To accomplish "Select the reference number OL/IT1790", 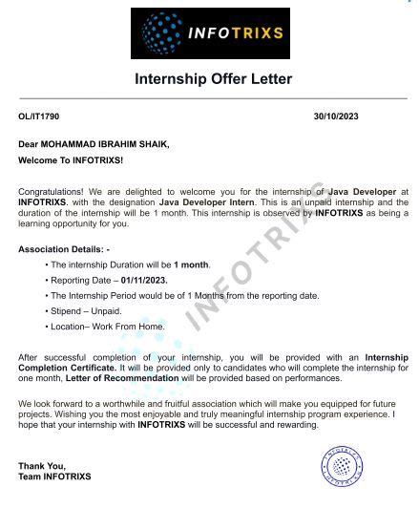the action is (x=38, y=116).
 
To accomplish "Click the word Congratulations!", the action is (x=50, y=192).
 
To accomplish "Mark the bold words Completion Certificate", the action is (x=61, y=367).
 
